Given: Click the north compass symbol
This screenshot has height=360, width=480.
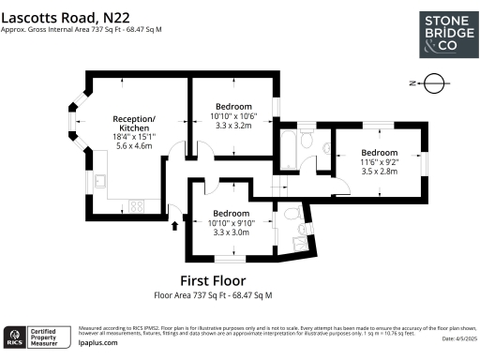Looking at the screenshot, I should (x=430, y=83).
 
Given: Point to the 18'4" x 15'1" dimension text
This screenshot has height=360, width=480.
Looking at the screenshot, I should (x=134, y=138).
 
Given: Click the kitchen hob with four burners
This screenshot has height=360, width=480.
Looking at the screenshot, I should (x=135, y=205).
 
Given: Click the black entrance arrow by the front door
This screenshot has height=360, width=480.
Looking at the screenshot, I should (x=174, y=224).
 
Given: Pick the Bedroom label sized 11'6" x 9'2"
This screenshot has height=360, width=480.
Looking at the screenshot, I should (x=380, y=152).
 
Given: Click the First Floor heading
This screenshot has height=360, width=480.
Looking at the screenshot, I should (x=213, y=280).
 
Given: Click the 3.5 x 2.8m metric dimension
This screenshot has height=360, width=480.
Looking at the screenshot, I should (x=380, y=172).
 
